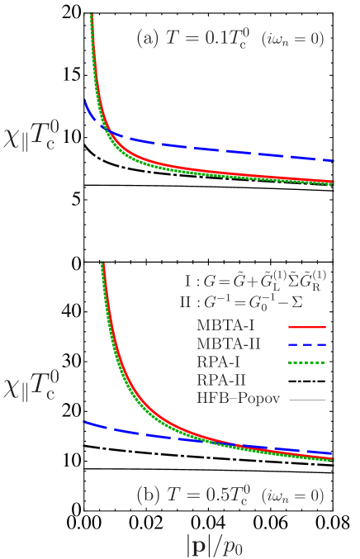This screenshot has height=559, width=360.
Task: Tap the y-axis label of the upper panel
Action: tap(45, 153)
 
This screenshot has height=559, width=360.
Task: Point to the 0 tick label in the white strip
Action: tap(76, 264)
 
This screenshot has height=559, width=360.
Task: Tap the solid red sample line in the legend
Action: tap(307, 327)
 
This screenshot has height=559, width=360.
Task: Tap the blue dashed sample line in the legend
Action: tap(307, 344)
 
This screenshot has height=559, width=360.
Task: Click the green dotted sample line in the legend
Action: tap(307, 362)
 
